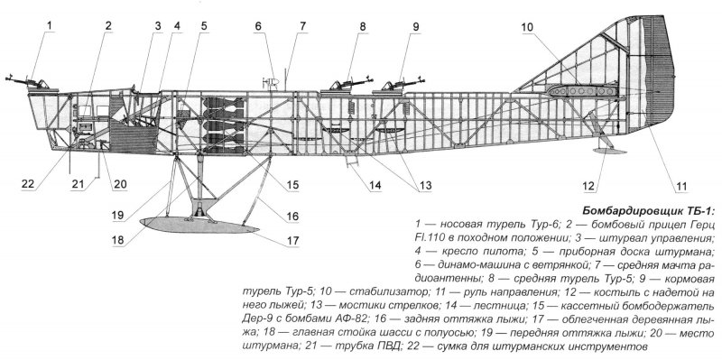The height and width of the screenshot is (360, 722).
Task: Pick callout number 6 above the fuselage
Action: tap(257, 26)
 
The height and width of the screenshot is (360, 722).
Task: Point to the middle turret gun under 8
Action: tap(349, 84)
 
